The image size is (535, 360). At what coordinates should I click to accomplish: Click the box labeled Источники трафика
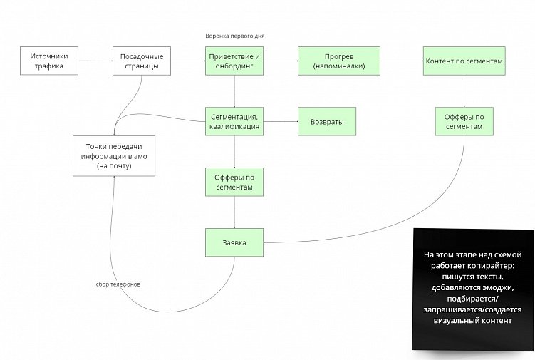coord(47,61)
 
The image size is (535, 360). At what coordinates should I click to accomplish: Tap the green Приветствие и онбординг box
coord(234,61)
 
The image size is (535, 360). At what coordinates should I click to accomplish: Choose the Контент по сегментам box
coord(464,61)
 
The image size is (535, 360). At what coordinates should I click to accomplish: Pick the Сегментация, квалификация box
coord(234,121)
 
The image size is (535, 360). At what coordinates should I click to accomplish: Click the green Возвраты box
coord(327,122)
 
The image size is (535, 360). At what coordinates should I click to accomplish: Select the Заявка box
coord(234,242)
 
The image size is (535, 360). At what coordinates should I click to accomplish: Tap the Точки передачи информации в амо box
coord(115,155)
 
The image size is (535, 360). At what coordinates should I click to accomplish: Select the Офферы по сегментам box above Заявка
coord(234,182)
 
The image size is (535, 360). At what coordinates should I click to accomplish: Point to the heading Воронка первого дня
coord(234,36)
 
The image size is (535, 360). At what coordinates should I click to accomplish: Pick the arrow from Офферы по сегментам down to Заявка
coord(234,212)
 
